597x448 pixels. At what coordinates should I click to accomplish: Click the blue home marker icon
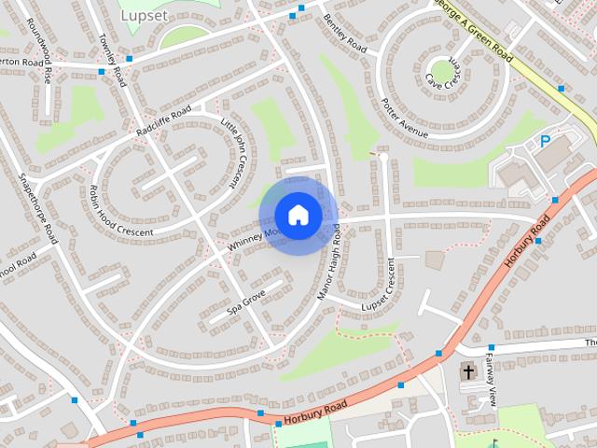coord(298,215)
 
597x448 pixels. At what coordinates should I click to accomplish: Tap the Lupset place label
coord(145,16)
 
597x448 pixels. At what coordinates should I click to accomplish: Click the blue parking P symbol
coord(546,142)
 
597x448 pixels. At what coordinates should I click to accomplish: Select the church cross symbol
coord(467,372)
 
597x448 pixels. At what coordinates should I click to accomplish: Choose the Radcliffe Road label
coord(163,121)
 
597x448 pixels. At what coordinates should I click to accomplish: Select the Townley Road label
coord(112,59)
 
